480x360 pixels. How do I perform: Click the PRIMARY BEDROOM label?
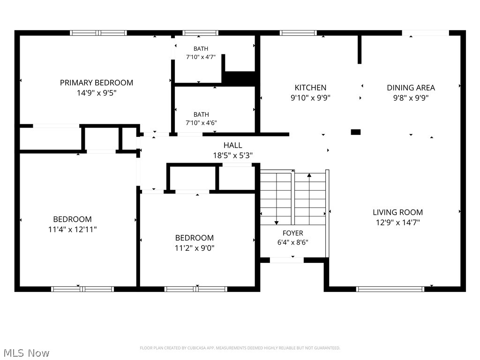coord(97,82)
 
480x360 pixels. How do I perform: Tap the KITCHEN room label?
coord(310,88)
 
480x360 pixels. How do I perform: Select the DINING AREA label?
coord(411,88)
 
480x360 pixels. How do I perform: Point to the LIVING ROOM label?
coord(397,212)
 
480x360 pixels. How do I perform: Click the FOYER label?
coord(293,233)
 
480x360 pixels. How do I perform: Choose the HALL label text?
coord(232,145)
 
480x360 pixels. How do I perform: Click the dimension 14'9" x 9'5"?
coord(97,93)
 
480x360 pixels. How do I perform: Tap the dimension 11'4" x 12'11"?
coord(72,229)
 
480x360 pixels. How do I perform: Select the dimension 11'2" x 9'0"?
coord(195,248)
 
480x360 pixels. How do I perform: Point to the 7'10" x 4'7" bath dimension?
coord(201,57)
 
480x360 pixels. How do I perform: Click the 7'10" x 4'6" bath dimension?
coord(201,123)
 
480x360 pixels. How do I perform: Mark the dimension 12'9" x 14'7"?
coord(397,222)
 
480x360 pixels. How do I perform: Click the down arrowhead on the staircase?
coord(277,223)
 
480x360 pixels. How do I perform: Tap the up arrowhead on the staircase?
coord(309,175)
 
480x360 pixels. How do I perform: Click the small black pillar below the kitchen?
coord(356,132)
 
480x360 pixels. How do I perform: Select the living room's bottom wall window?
coord(390,289)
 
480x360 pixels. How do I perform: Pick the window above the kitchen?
coord(298,33)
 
